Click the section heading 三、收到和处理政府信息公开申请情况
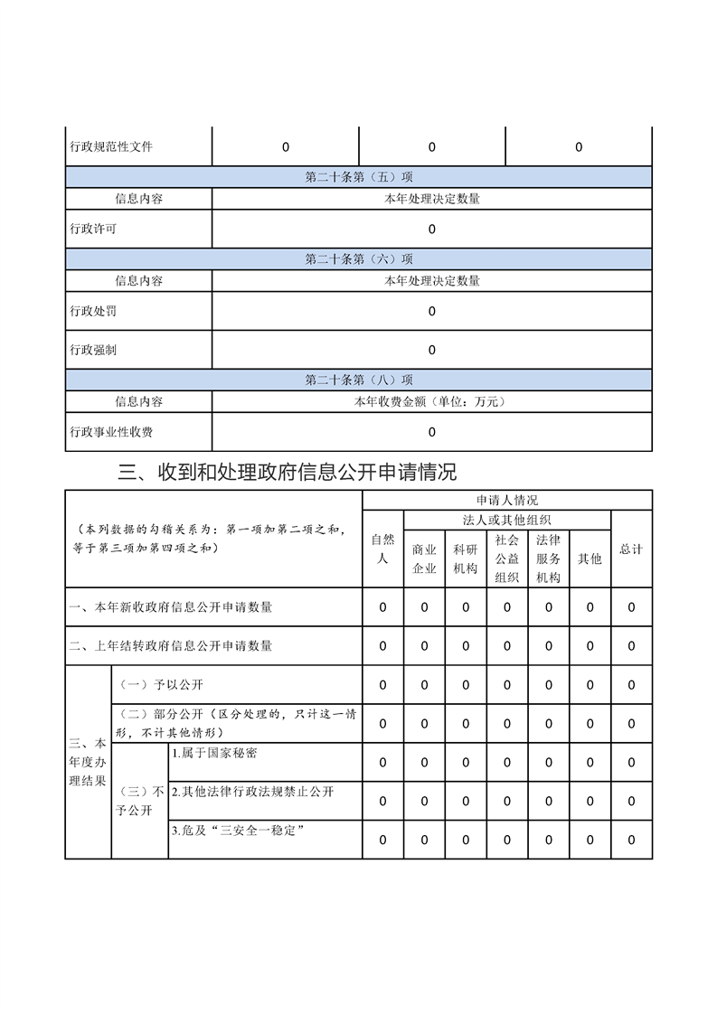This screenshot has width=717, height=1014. [x=288, y=472]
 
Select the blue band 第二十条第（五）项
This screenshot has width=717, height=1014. [x=359, y=177]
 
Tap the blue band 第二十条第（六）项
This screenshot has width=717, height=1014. [x=359, y=259]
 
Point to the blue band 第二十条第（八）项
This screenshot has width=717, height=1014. [x=359, y=380]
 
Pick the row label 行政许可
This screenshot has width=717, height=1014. [x=93, y=229]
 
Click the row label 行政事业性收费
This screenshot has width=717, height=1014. [x=111, y=432]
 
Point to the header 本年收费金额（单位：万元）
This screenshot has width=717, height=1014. [x=431, y=401]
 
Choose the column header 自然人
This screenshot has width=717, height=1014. [x=382, y=549]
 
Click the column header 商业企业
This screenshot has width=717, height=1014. [x=424, y=559]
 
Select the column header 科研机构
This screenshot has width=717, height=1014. [x=466, y=559]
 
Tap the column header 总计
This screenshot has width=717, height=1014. [x=631, y=549]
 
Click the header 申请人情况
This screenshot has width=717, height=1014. [x=507, y=500]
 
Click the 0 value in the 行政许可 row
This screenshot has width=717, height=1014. [x=431, y=230]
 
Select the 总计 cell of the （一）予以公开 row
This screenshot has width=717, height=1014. [x=631, y=685]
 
